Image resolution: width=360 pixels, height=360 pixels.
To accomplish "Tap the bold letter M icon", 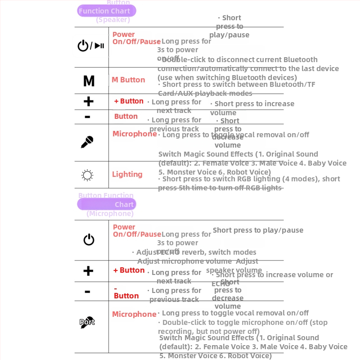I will point(89,81).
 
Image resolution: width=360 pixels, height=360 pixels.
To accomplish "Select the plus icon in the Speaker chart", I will point(89,102).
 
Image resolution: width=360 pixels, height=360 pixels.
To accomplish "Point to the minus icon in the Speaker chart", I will point(87,117).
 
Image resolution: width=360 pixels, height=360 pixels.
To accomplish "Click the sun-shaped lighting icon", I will point(87,175).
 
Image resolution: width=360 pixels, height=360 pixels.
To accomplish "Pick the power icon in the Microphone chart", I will point(89,240).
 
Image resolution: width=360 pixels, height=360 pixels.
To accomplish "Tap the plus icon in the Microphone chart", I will point(88,271).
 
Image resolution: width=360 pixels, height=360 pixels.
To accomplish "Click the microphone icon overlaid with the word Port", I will point(87,322).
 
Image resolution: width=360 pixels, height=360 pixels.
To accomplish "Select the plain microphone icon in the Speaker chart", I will point(87,142).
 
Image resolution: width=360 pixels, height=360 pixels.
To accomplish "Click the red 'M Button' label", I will point(128,80).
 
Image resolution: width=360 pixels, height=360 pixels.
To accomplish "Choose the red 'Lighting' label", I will point(127,175).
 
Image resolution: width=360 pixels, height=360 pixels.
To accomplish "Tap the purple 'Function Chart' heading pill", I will point(106,11).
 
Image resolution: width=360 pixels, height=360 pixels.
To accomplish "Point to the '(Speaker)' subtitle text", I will point(113,20).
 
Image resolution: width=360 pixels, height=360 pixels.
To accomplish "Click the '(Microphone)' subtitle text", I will point(110,214).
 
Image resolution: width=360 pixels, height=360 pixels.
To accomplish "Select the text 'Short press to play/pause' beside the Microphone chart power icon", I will point(258,230).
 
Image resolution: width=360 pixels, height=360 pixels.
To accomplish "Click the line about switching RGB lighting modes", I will point(249,179).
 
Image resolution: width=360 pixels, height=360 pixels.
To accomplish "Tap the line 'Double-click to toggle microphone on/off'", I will point(243,323).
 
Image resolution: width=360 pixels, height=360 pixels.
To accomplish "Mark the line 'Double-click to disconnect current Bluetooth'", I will point(239,60).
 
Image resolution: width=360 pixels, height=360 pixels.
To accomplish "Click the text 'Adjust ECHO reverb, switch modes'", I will point(197,252).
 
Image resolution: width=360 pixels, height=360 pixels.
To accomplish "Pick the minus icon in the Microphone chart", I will point(87,292).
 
